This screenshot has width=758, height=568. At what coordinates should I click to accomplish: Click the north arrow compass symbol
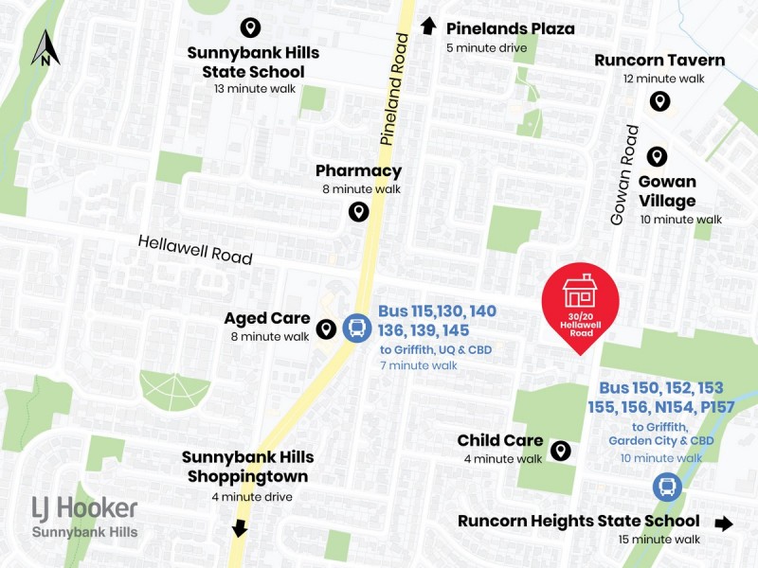[x=45, y=47]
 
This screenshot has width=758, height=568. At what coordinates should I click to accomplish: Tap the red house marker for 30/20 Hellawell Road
[x=580, y=301]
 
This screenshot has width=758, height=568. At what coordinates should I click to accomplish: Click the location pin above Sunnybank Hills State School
[x=251, y=27]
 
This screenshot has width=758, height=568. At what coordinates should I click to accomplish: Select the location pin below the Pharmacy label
[x=358, y=211]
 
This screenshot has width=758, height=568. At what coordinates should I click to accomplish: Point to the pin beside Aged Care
[x=326, y=328]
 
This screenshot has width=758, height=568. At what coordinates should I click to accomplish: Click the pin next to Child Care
[x=560, y=451]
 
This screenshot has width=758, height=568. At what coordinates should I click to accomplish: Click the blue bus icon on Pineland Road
[x=357, y=328]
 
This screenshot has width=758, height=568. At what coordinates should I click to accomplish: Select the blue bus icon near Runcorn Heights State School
[x=667, y=488]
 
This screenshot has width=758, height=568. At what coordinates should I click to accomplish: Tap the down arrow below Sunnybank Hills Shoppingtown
[x=240, y=527]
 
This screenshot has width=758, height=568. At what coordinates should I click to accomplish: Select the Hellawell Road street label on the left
[x=195, y=249]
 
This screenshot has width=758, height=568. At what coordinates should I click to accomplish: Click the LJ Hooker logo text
[x=84, y=508]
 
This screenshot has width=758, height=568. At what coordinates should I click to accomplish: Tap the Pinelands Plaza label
[x=510, y=28]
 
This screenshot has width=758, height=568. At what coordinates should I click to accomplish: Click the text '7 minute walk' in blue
[x=418, y=365]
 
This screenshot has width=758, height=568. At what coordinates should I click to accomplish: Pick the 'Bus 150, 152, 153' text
[x=661, y=388]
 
